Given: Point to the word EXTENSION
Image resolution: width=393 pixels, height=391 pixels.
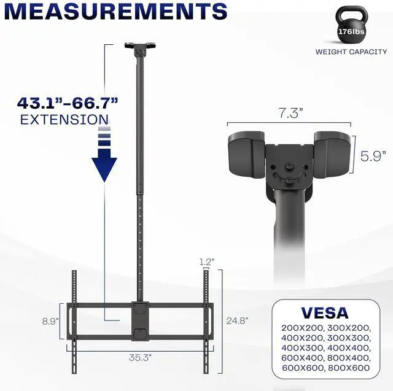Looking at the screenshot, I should pos(65,119).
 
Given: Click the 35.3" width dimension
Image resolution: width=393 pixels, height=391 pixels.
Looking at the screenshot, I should pos(141,355).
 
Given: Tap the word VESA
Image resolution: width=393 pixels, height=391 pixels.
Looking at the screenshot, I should pos(325,313).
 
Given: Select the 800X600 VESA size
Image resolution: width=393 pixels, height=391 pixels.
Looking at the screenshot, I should pos(349,367).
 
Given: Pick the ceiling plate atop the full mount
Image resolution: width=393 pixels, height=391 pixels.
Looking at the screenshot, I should pos(140,46).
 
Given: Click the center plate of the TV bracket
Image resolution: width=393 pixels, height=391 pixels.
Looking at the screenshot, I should pos(140,319).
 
